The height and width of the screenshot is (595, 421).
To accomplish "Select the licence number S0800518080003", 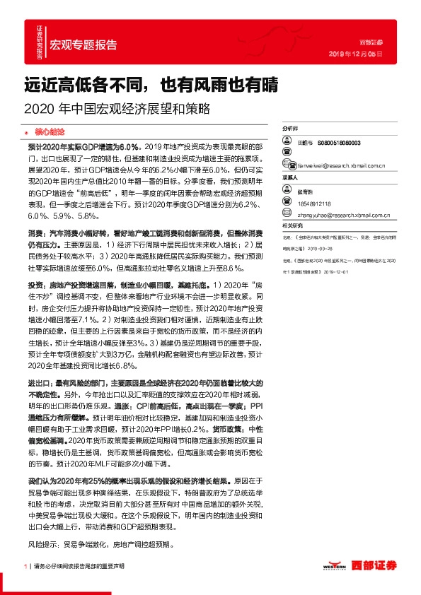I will click(339, 142).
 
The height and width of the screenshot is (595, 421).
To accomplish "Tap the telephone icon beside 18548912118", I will click(287, 201).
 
